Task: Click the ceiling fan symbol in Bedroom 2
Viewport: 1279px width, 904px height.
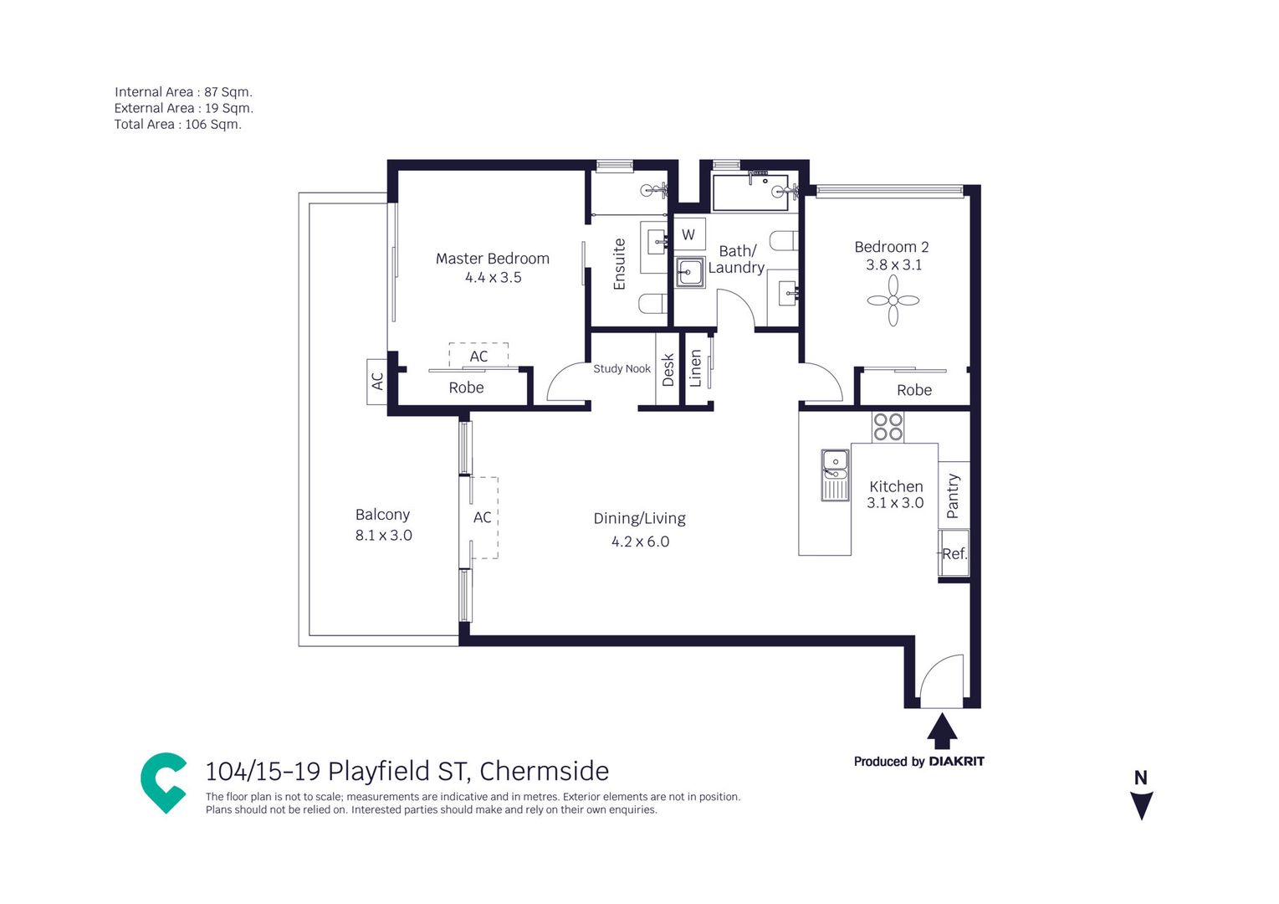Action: point(893,300)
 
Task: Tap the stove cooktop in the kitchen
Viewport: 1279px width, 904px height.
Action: point(888,428)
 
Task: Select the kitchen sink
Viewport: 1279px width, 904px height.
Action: point(836,475)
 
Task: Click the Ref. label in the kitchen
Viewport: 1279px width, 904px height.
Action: point(954,553)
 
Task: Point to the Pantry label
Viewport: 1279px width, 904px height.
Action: point(953,496)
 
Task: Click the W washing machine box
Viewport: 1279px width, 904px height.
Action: point(688,234)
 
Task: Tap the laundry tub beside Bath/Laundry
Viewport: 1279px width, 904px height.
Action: point(690,273)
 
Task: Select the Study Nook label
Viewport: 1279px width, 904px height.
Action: point(622,368)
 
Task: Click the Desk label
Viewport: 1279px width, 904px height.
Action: point(668,370)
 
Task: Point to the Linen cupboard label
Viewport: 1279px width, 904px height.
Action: point(695,369)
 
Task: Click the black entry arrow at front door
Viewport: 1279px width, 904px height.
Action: point(942,730)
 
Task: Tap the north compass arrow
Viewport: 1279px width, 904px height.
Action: point(1141,805)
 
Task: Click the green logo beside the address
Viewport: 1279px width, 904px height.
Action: point(164,783)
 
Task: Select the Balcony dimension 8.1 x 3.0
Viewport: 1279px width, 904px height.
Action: point(384,536)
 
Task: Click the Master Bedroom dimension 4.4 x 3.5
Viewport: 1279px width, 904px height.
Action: point(493,278)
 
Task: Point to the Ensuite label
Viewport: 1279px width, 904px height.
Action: point(619,264)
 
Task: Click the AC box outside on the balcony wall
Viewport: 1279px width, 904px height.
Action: point(377,382)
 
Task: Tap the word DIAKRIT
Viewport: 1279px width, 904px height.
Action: point(957,761)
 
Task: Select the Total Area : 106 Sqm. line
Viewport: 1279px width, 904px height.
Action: point(177,125)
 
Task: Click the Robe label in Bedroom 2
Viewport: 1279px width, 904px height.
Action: point(914,390)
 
